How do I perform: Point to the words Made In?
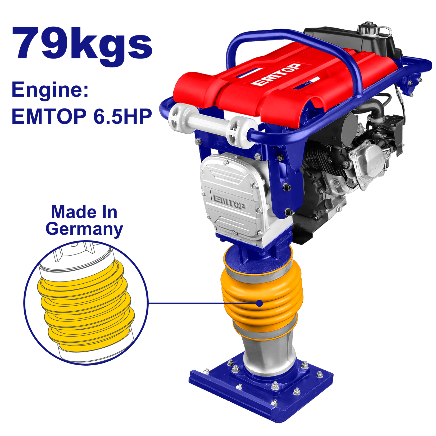coord(84,212)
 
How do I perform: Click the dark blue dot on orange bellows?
coord(260,303)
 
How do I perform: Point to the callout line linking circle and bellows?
coord(201,303)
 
